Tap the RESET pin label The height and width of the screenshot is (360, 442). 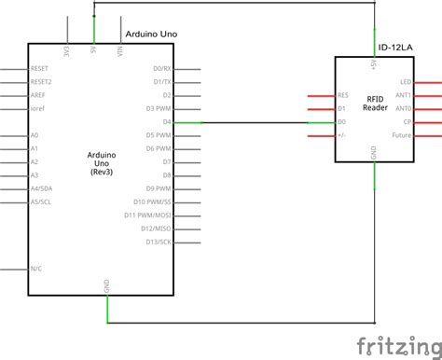pyautogui.click(x=41, y=68)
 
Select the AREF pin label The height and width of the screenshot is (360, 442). pyautogui.click(x=39, y=95)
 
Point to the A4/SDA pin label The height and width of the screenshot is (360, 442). pyautogui.click(x=41, y=188)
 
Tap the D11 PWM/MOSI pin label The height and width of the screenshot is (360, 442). pyautogui.click(x=147, y=215)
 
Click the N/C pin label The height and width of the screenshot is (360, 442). pyautogui.click(x=35, y=269)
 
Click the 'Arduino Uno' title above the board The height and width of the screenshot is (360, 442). pyautogui.click(x=150, y=35)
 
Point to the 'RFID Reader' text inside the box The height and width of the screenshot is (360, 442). pyautogui.click(x=375, y=103)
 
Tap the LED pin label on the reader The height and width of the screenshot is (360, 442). pyautogui.click(x=406, y=82)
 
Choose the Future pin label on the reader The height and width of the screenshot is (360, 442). pyautogui.click(x=402, y=135)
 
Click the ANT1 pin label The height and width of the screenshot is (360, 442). pyautogui.click(x=404, y=95)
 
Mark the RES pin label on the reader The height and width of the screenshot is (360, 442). pyautogui.click(x=343, y=95)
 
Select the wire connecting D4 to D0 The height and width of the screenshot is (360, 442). pyautogui.click(x=270, y=122)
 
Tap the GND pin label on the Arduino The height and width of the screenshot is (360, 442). pyautogui.click(x=107, y=285)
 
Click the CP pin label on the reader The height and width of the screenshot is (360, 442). pyautogui.click(x=407, y=122)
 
